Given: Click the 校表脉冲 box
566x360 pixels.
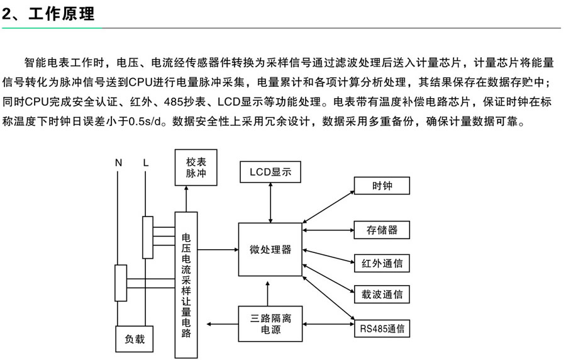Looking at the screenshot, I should tap(196, 167).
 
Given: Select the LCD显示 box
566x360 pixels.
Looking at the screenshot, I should tap(270, 172).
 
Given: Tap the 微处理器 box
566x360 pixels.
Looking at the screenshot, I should tap(270, 249).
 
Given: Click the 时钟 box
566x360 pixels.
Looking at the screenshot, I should tap(382, 186).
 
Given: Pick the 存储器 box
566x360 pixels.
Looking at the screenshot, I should tap(382, 230).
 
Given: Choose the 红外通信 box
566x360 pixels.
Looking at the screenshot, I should tap(382, 263).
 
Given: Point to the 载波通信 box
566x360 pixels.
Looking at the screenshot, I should tap(382, 294).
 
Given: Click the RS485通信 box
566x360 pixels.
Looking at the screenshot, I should tap(382, 328).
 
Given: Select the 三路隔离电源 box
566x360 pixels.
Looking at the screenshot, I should tap(270, 323).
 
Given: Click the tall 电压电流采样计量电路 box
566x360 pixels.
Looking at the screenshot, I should tap(186, 284).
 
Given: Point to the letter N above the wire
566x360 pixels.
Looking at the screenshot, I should tap(118, 163).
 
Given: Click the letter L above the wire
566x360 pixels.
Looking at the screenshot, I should tap(146, 163).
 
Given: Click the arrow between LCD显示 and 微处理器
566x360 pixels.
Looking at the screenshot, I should tap(270, 202).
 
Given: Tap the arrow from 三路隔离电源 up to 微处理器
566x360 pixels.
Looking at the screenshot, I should tap(270, 291).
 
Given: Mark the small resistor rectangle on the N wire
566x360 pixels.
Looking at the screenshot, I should tap(119, 283).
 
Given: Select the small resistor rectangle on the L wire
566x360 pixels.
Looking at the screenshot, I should tap(147, 237).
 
